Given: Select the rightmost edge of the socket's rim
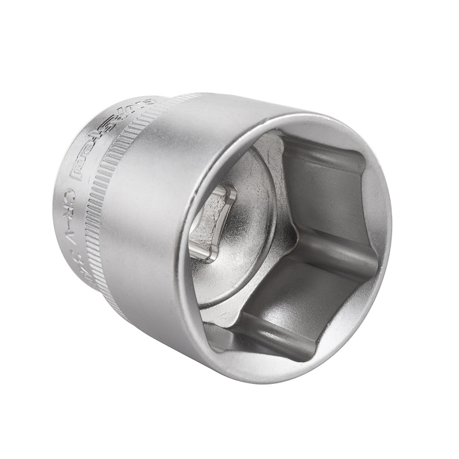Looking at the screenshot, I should click(x=391, y=229).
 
